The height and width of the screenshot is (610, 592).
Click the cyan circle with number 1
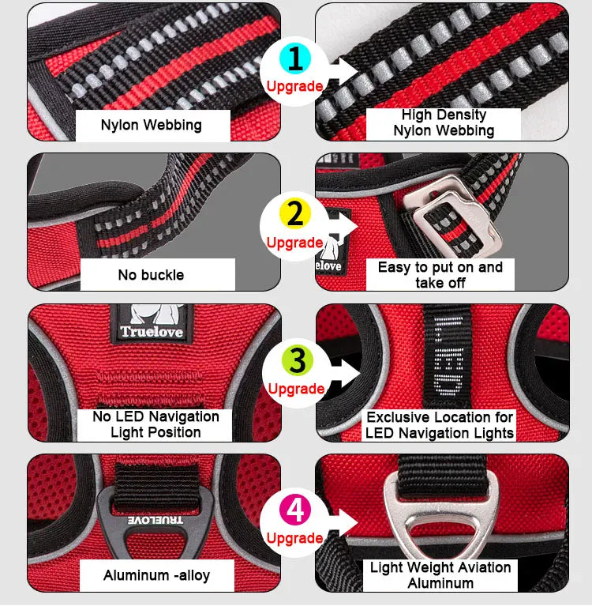(x=294, y=58)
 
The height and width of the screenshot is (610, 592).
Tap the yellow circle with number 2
(x=294, y=213)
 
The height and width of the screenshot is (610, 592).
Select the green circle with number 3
(x=297, y=360)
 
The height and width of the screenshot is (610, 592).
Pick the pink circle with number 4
(x=295, y=510)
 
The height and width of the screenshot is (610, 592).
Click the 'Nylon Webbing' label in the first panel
(x=151, y=125)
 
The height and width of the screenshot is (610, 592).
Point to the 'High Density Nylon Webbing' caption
(x=444, y=123)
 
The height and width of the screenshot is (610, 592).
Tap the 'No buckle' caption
(x=151, y=275)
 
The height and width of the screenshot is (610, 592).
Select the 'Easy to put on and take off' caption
(x=440, y=275)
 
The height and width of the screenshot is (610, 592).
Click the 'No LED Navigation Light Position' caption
(x=155, y=424)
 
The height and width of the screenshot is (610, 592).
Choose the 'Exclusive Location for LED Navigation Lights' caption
(x=440, y=425)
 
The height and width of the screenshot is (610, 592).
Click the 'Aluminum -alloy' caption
(x=156, y=575)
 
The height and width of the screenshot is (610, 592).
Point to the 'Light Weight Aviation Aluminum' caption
(x=440, y=575)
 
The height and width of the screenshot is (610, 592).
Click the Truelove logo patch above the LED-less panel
(x=151, y=322)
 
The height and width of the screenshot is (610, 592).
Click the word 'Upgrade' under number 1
(x=294, y=86)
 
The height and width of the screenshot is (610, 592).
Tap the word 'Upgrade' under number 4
(x=294, y=538)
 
